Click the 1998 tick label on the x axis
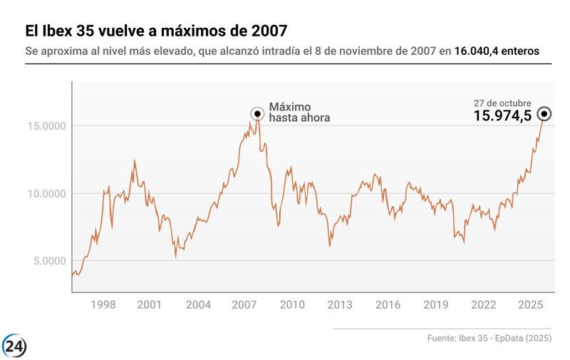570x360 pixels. (x=103, y=305)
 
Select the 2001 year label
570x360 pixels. (x=148, y=305)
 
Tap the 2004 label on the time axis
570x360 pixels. (x=198, y=305)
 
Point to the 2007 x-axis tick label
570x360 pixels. (x=244, y=305)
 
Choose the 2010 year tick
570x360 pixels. (x=292, y=305)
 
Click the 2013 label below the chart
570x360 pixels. (x=340, y=305)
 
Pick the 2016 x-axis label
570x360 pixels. (x=388, y=305)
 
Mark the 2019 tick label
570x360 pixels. (x=435, y=305)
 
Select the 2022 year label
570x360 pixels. (x=483, y=305)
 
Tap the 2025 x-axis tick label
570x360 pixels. (x=531, y=305)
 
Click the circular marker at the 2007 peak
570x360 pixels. (x=257, y=114)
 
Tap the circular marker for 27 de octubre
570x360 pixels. (x=544, y=114)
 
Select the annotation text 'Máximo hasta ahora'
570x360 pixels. (x=299, y=112)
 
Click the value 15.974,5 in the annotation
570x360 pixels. (x=503, y=116)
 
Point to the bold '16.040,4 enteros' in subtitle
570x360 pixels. (x=497, y=51)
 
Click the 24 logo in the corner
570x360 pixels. (x=14, y=346)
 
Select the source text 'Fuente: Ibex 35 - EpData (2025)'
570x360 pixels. (x=489, y=338)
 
